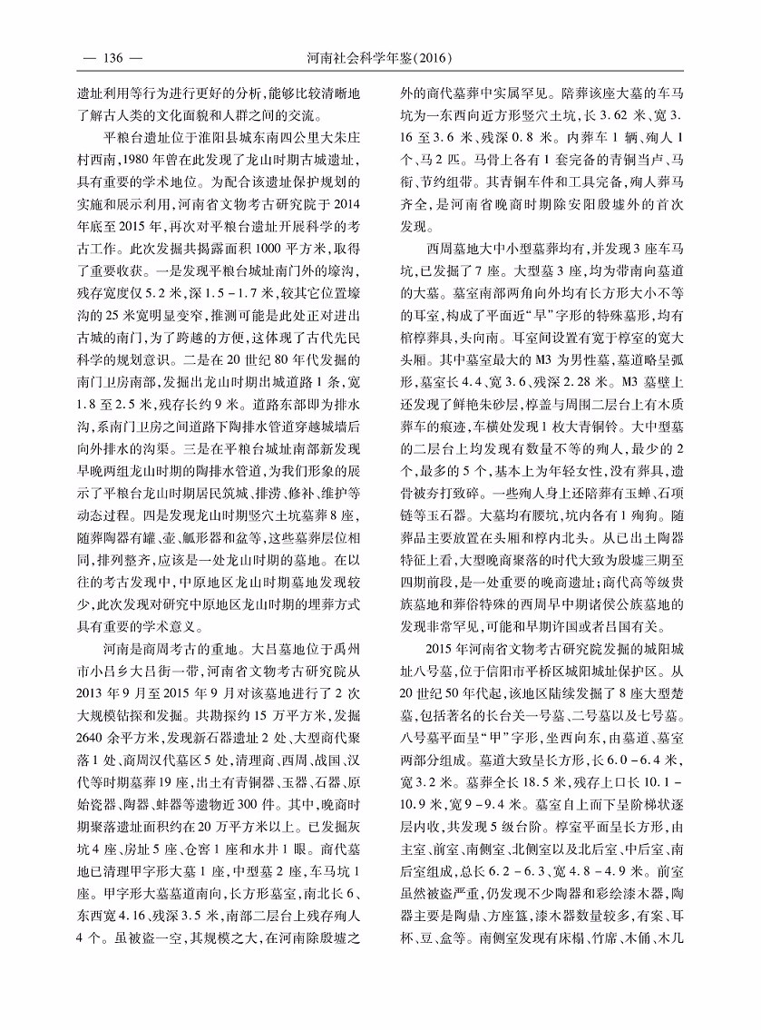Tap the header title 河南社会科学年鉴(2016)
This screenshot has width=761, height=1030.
(380, 59)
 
